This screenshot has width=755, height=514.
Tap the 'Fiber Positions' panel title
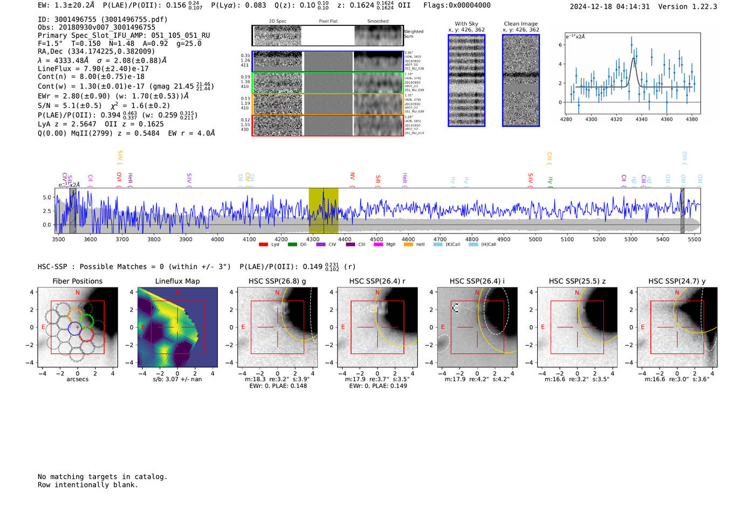(77, 281)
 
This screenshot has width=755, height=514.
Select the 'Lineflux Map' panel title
(177, 281)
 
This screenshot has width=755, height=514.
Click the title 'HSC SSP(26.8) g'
(277, 281)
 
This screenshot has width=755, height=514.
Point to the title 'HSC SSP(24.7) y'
(677, 281)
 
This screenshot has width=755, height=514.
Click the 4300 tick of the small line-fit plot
(591, 119)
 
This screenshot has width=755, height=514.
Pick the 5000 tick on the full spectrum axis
(535, 239)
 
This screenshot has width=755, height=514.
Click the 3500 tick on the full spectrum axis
(58, 239)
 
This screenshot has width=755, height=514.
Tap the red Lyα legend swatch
(263, 244)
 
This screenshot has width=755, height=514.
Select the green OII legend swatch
(292, 244)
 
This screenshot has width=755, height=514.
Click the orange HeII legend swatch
(408, 244)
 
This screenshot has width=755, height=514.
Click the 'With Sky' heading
(466, 24)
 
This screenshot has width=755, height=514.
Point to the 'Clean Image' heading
(520, 24)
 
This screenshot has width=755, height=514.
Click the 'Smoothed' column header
(377, 22)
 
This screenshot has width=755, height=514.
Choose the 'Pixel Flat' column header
(328, 22)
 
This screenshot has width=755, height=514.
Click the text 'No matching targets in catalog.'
(102, 477)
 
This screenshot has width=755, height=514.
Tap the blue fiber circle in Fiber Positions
(74, 328)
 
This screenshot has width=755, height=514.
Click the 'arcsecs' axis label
(77, 379)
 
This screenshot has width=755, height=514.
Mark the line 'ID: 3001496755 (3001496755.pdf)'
(102, 19)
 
